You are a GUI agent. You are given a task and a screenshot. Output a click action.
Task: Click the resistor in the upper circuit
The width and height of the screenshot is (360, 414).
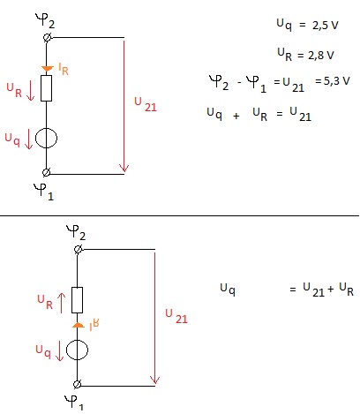[x=46, y=88]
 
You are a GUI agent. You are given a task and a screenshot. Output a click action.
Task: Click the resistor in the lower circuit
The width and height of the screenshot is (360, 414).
[x=77, y=300]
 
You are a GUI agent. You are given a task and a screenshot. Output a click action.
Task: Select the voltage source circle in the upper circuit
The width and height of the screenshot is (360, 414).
[x=46, y=138]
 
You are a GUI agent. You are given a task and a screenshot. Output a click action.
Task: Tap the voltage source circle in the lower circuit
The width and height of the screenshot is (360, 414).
[x=77, y=350]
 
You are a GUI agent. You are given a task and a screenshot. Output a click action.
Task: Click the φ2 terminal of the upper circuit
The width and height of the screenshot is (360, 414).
[x=47, y=38]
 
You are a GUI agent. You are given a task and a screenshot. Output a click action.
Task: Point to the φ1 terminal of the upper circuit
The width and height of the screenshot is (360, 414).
[x=46, y=172]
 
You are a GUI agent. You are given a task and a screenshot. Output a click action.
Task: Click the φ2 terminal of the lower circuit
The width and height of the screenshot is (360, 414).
[x=78, y=250]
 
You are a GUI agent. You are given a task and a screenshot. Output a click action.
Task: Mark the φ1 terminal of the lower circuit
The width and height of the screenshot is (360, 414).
[x=77, y=384]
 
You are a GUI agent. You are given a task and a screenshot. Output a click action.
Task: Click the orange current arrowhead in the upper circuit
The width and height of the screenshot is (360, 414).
[x=47, y=69]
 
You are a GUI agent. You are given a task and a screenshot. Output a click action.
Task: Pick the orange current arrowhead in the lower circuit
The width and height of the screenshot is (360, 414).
[x=79, y=325]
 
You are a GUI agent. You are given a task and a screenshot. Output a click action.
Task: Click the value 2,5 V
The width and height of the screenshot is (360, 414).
[x=326, y=26]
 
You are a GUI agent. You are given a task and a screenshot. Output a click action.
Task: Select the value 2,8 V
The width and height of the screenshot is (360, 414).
[x=321, y=56]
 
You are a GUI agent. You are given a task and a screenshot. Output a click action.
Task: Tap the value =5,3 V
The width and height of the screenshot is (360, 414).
[x=333, y=81]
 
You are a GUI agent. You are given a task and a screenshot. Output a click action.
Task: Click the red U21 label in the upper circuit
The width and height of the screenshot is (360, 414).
[x=146, y=104]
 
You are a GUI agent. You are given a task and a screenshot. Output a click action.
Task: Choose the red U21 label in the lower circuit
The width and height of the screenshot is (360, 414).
[x=176, y=316]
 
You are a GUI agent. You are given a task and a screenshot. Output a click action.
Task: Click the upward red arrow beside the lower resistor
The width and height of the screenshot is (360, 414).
[x=61, y=303]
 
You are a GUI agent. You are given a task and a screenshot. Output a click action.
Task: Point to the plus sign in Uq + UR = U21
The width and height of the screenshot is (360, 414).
[x=236, y=117]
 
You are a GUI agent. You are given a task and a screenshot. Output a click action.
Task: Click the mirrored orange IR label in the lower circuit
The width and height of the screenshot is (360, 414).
[x=94, y=325]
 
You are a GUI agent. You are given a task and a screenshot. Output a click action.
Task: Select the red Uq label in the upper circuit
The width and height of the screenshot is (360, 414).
[x=12, y=139]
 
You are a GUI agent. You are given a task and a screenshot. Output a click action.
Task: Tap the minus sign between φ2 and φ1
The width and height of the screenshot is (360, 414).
[x=239, y=82]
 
